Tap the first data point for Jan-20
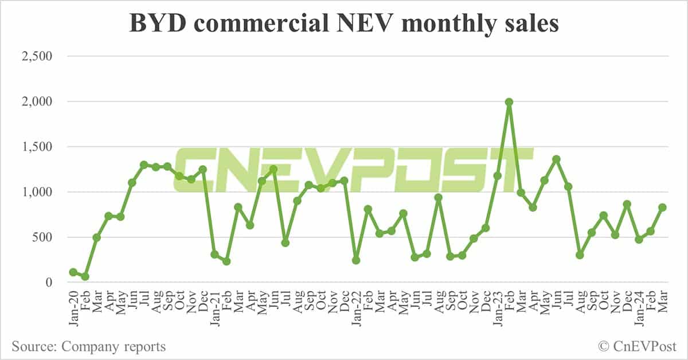coord(73,272)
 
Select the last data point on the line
coord(662,208)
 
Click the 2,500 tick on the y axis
coord(36,56)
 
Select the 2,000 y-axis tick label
coord(36,101)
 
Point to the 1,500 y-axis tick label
coord(36,147)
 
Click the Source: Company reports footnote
coord(89,346)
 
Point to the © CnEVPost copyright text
coord(637,346)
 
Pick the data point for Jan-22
coord(356,260)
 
